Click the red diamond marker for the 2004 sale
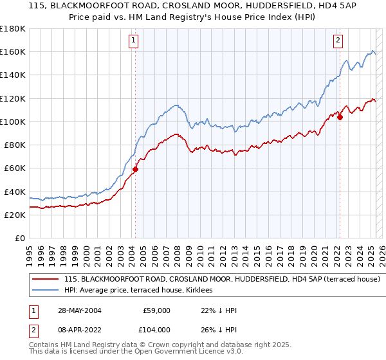point(136,170)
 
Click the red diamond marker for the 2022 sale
point(340,117)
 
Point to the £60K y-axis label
point(14,168)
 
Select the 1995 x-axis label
point(30,250)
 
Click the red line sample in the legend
point(45,280)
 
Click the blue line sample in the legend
point(45,291)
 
